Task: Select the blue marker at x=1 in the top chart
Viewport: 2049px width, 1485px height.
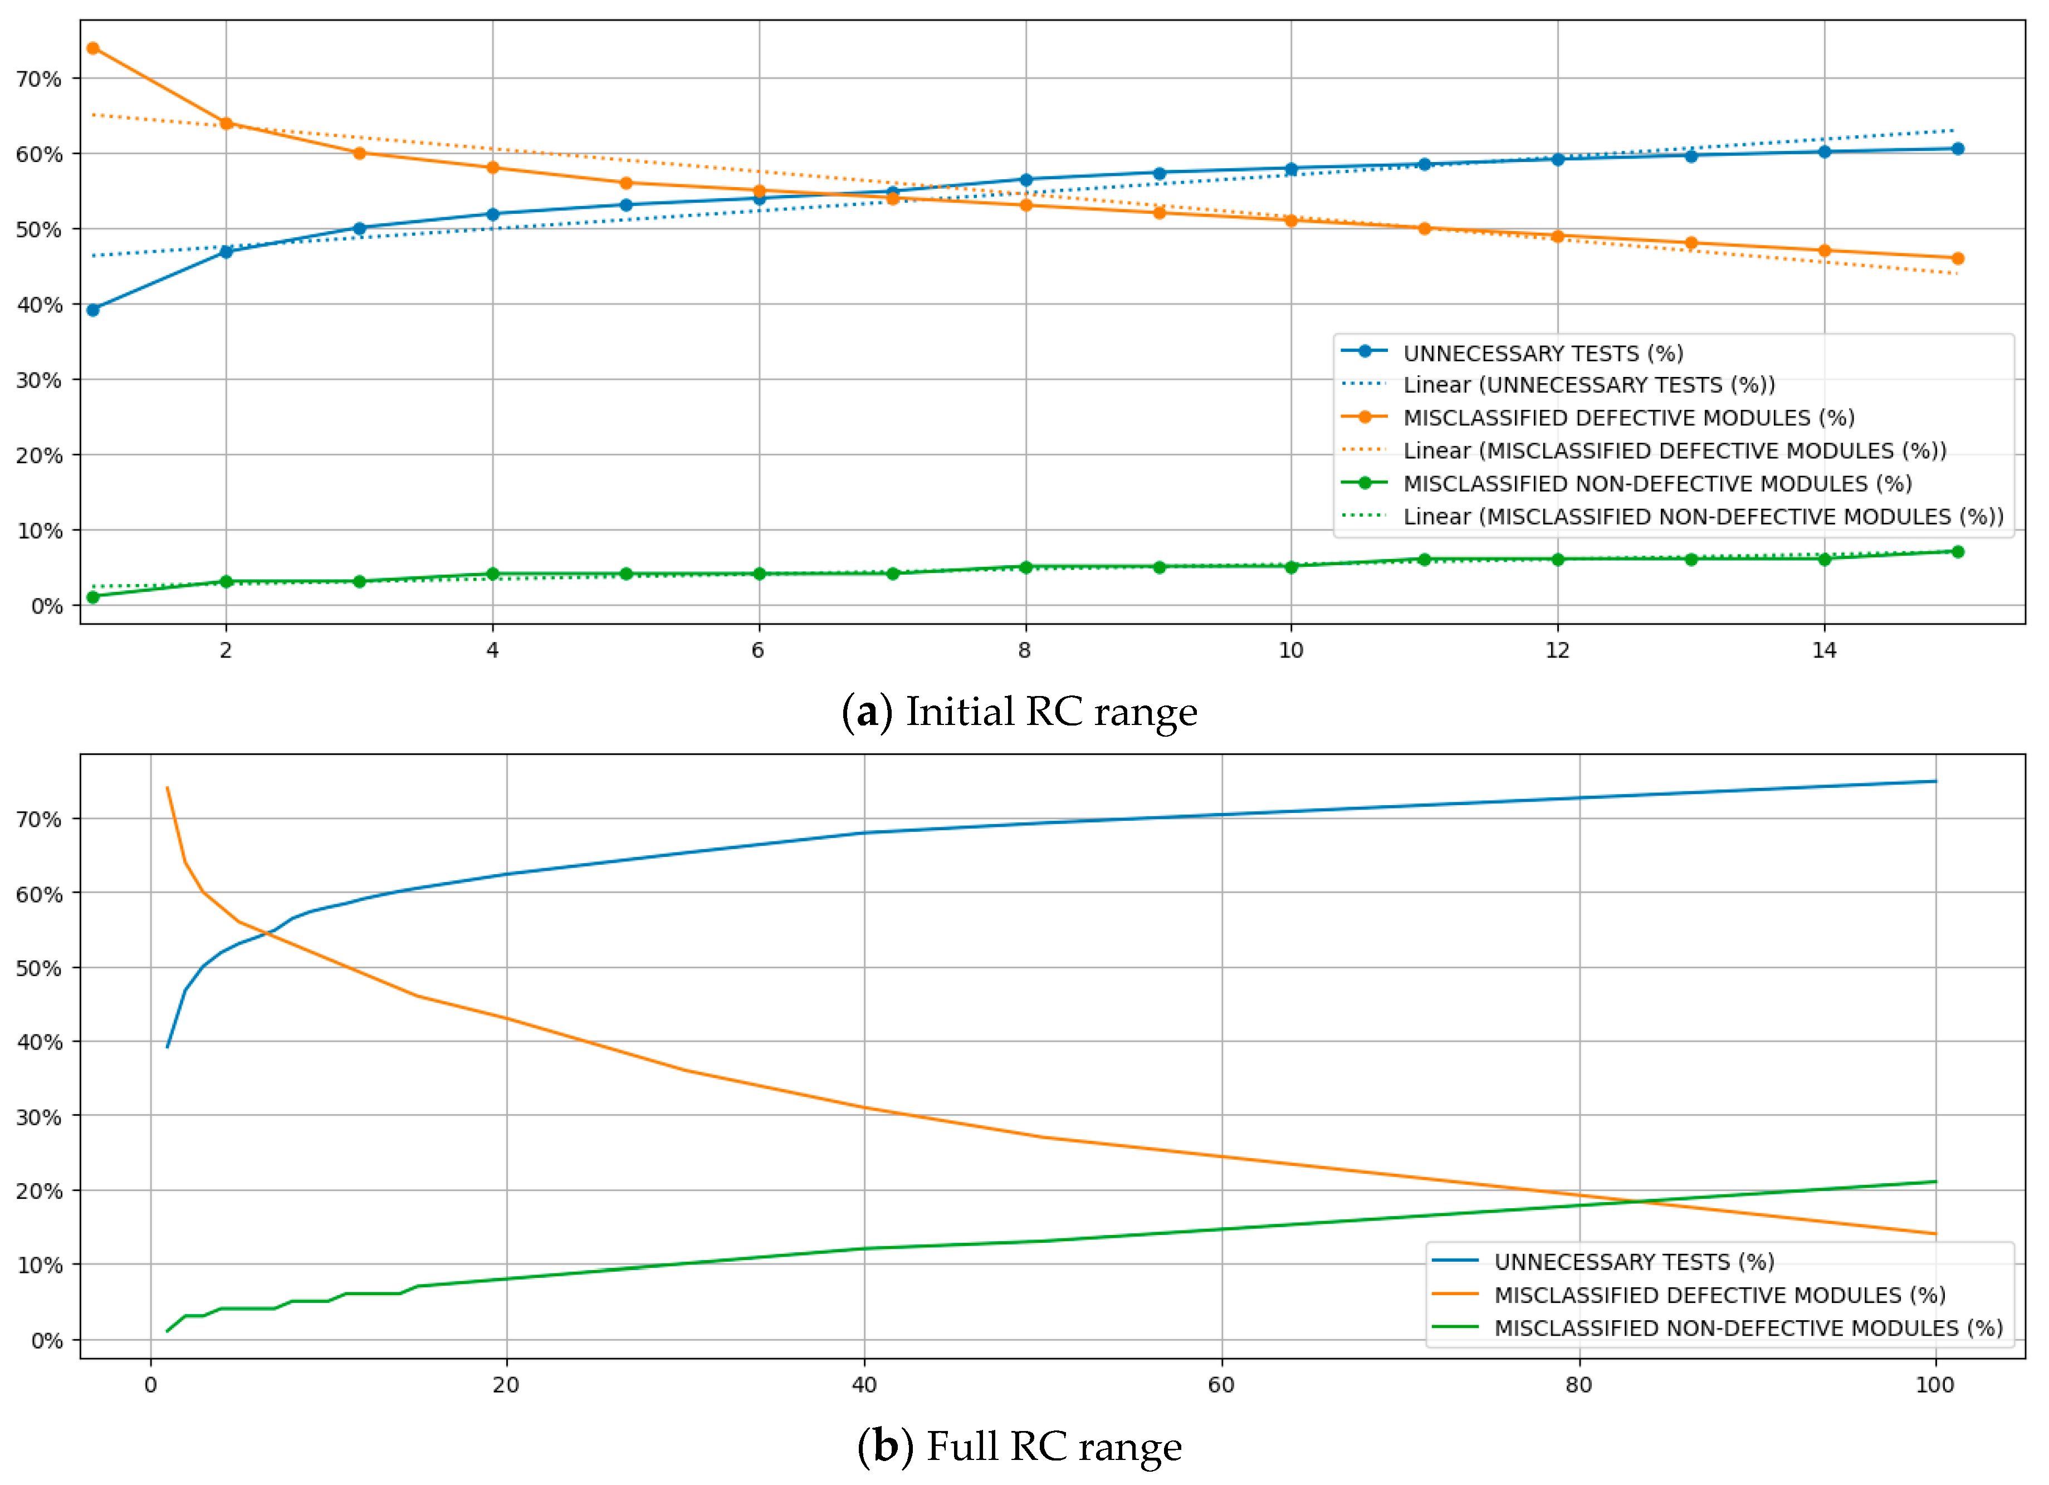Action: click(x=93, y=310)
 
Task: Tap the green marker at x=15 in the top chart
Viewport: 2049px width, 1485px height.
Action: click(x=1958, y=552)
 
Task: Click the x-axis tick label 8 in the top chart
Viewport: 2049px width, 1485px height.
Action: click(x=1025, y=650)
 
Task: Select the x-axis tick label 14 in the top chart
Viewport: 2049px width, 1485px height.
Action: click(x=1824, y=650)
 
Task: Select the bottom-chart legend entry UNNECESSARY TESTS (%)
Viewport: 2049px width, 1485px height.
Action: click(x=1634, y=1262)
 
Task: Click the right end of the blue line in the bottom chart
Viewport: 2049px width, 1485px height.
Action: click(x=1935, y=781)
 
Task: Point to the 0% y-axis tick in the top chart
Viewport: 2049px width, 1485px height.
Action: click(x=45, y=606)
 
